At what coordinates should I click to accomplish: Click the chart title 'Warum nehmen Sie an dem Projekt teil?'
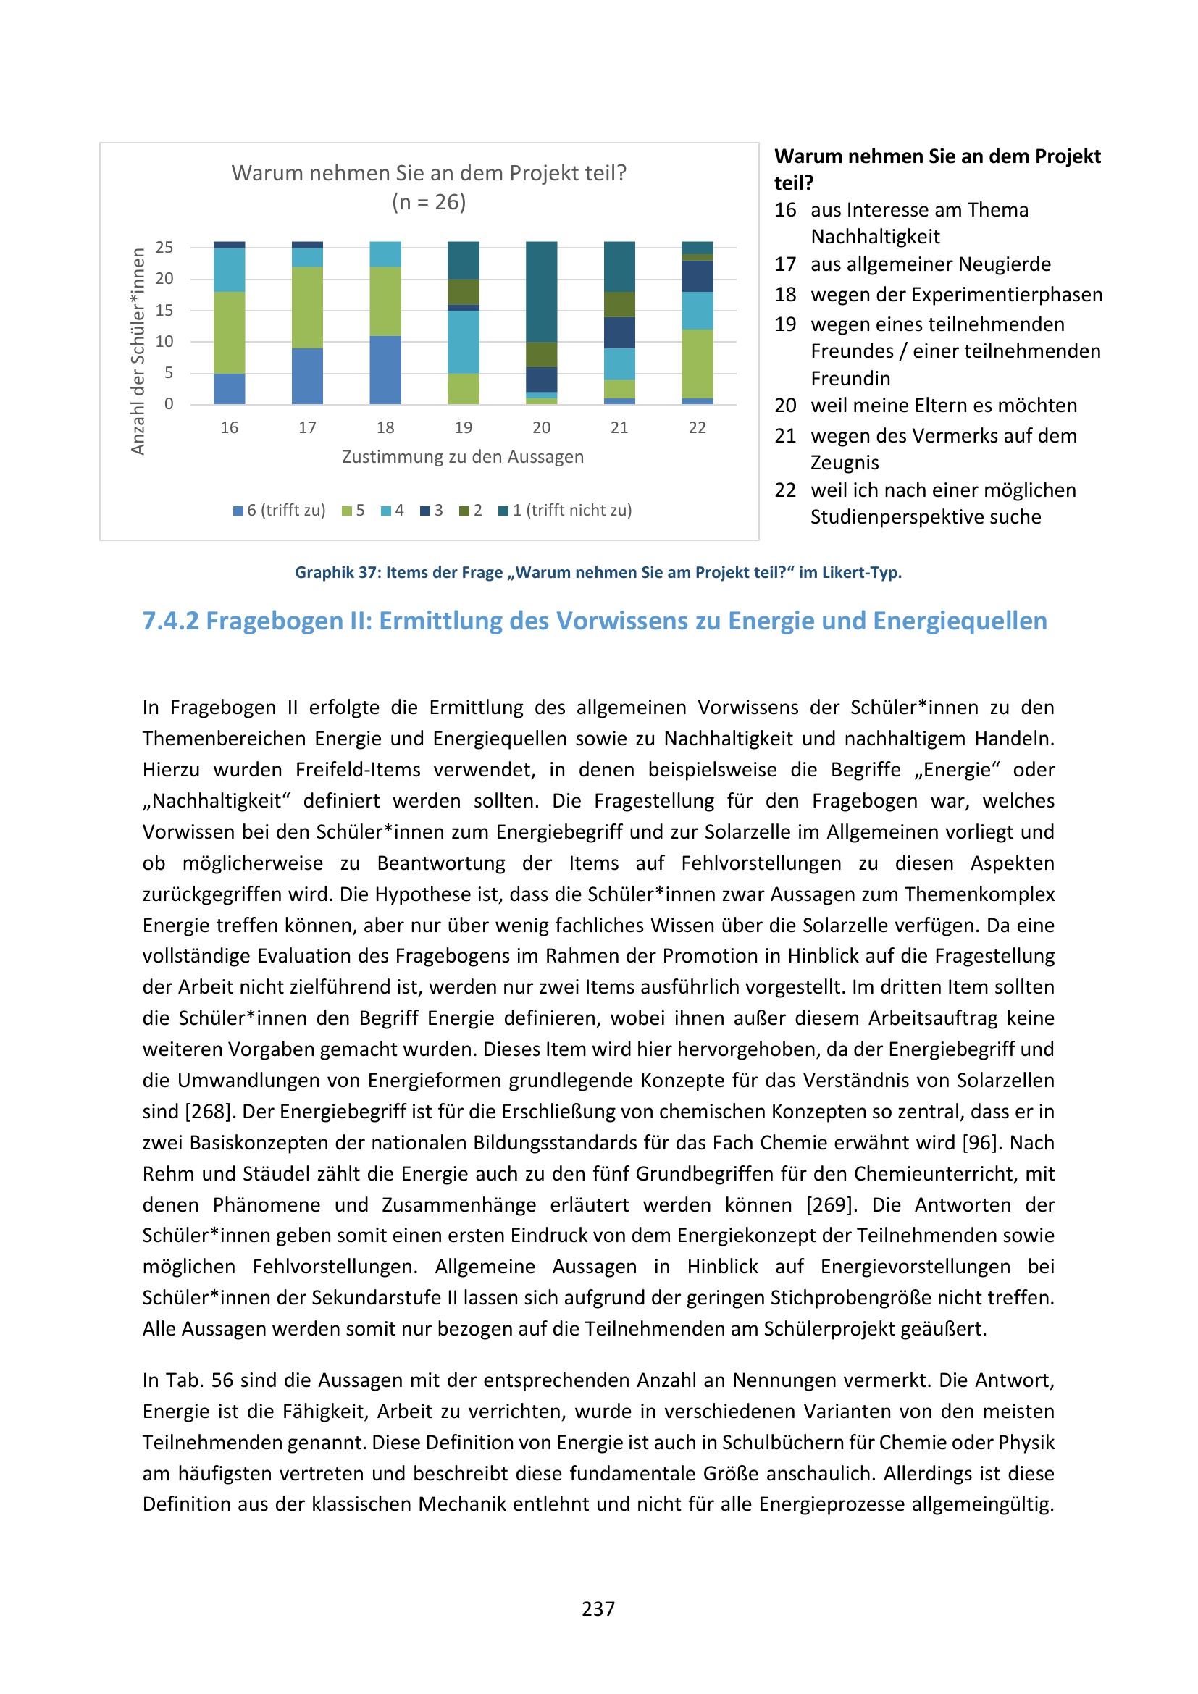point(429,173)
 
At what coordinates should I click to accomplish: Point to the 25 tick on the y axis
point(164,247)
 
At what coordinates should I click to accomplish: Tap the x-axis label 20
point(542,428)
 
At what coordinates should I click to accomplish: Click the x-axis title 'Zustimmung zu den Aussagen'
point(463,458)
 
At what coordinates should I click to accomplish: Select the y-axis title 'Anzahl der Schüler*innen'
point(138,351)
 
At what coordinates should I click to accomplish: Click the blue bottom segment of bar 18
point(385,370)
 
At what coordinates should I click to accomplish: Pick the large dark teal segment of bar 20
point(542,291)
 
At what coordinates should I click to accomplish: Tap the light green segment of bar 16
point(230,332)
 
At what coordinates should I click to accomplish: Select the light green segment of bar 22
point(697,364)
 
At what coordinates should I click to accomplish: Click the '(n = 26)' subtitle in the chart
point(429,202)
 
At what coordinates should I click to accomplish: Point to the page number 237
point(598,1609)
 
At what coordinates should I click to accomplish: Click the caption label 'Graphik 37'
point(335,573)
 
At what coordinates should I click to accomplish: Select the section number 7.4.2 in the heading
point(170,621)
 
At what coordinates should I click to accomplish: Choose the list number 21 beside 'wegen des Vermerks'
point(785,436)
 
